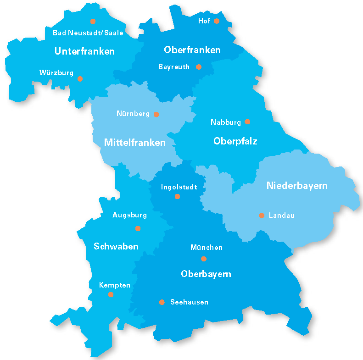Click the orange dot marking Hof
[x=217, y=21]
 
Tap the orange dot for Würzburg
[x=80, y=79]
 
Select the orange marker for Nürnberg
[x=156, y=114]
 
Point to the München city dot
[x=204, y=259]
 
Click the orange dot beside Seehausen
[x=162, y=302]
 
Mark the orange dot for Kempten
[x=111, y=294]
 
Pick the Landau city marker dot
[x=262, y=215]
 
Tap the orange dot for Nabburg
[x=247, y=122]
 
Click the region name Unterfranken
[x=84, y=51]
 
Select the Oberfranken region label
[x=192, y=50]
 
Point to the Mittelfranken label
[x=134, y=143]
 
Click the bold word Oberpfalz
[x=235, y=141]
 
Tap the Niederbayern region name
[x=297, y=186]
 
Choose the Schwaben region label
[x=116, y=247]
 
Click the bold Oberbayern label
[x=206, y=274]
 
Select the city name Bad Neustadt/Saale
[x=88, y=33]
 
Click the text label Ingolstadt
[x=179, y=187]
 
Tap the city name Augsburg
[x=129, y=215]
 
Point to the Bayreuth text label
[x=174, y=67]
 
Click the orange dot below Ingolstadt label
[x=177, y=196]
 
